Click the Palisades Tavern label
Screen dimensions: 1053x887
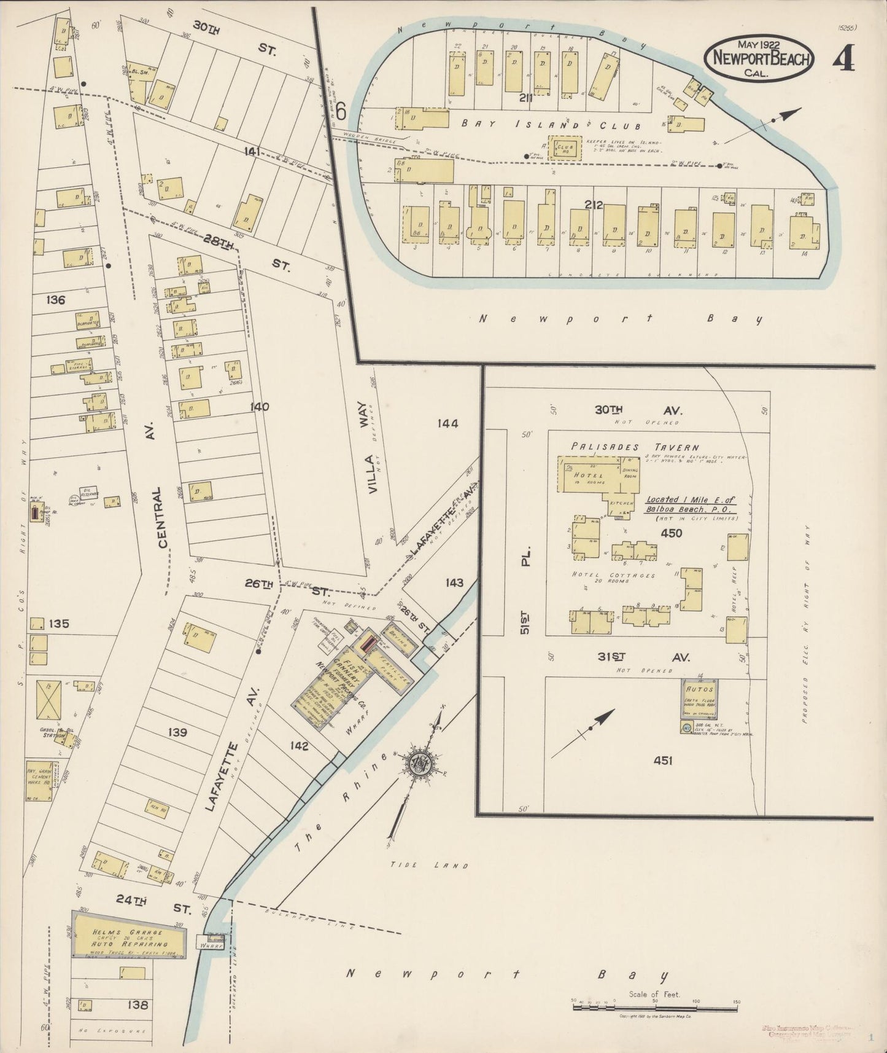[635, 447]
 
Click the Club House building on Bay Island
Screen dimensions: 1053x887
[564, 148]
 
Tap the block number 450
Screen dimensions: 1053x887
[671, 533]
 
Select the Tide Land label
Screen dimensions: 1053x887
[429, 865]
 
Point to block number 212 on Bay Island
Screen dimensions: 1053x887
[594, 205]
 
